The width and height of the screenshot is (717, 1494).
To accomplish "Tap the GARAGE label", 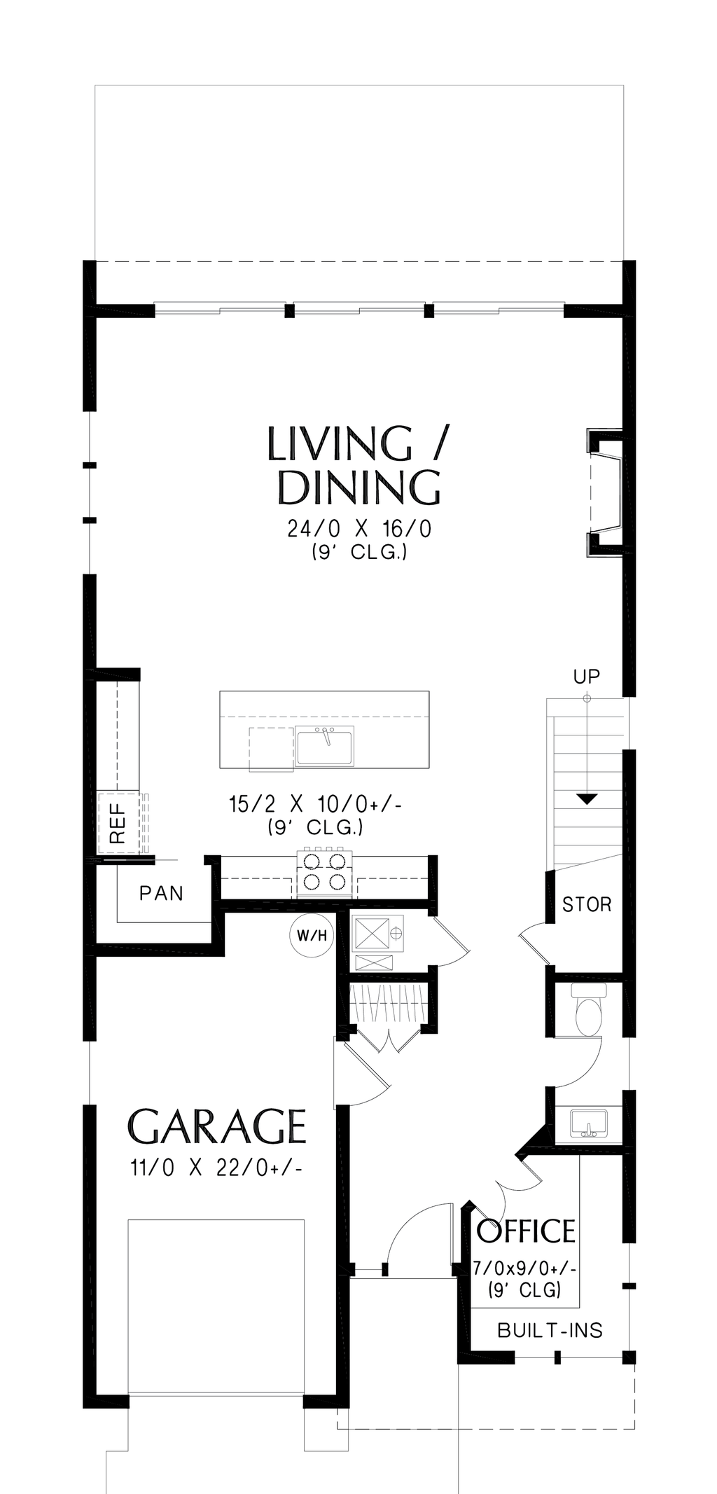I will point(217,1126).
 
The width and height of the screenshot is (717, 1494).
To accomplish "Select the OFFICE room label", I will point(526,1231).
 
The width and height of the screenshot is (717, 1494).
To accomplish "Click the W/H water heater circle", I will point(311,935).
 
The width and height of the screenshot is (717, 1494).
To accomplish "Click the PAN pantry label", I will point(161,893).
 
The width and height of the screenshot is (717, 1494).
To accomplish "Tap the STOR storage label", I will point(587,904).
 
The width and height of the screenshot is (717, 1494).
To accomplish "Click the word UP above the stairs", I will point(587,677).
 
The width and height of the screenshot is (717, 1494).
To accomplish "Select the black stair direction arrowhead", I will point(587,798).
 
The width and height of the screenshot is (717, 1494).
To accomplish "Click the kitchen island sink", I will point(325,746).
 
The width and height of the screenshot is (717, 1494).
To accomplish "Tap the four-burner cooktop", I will point(324,872).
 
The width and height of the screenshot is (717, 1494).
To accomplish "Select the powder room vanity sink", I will point(587,1123).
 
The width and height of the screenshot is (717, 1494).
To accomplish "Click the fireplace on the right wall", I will point(606,494).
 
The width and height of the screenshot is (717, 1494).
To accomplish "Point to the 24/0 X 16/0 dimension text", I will point(359,529).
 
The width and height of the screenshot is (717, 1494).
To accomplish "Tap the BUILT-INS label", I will point(550,1330).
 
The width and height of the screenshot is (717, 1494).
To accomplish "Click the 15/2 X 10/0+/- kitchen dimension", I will point(315,804).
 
